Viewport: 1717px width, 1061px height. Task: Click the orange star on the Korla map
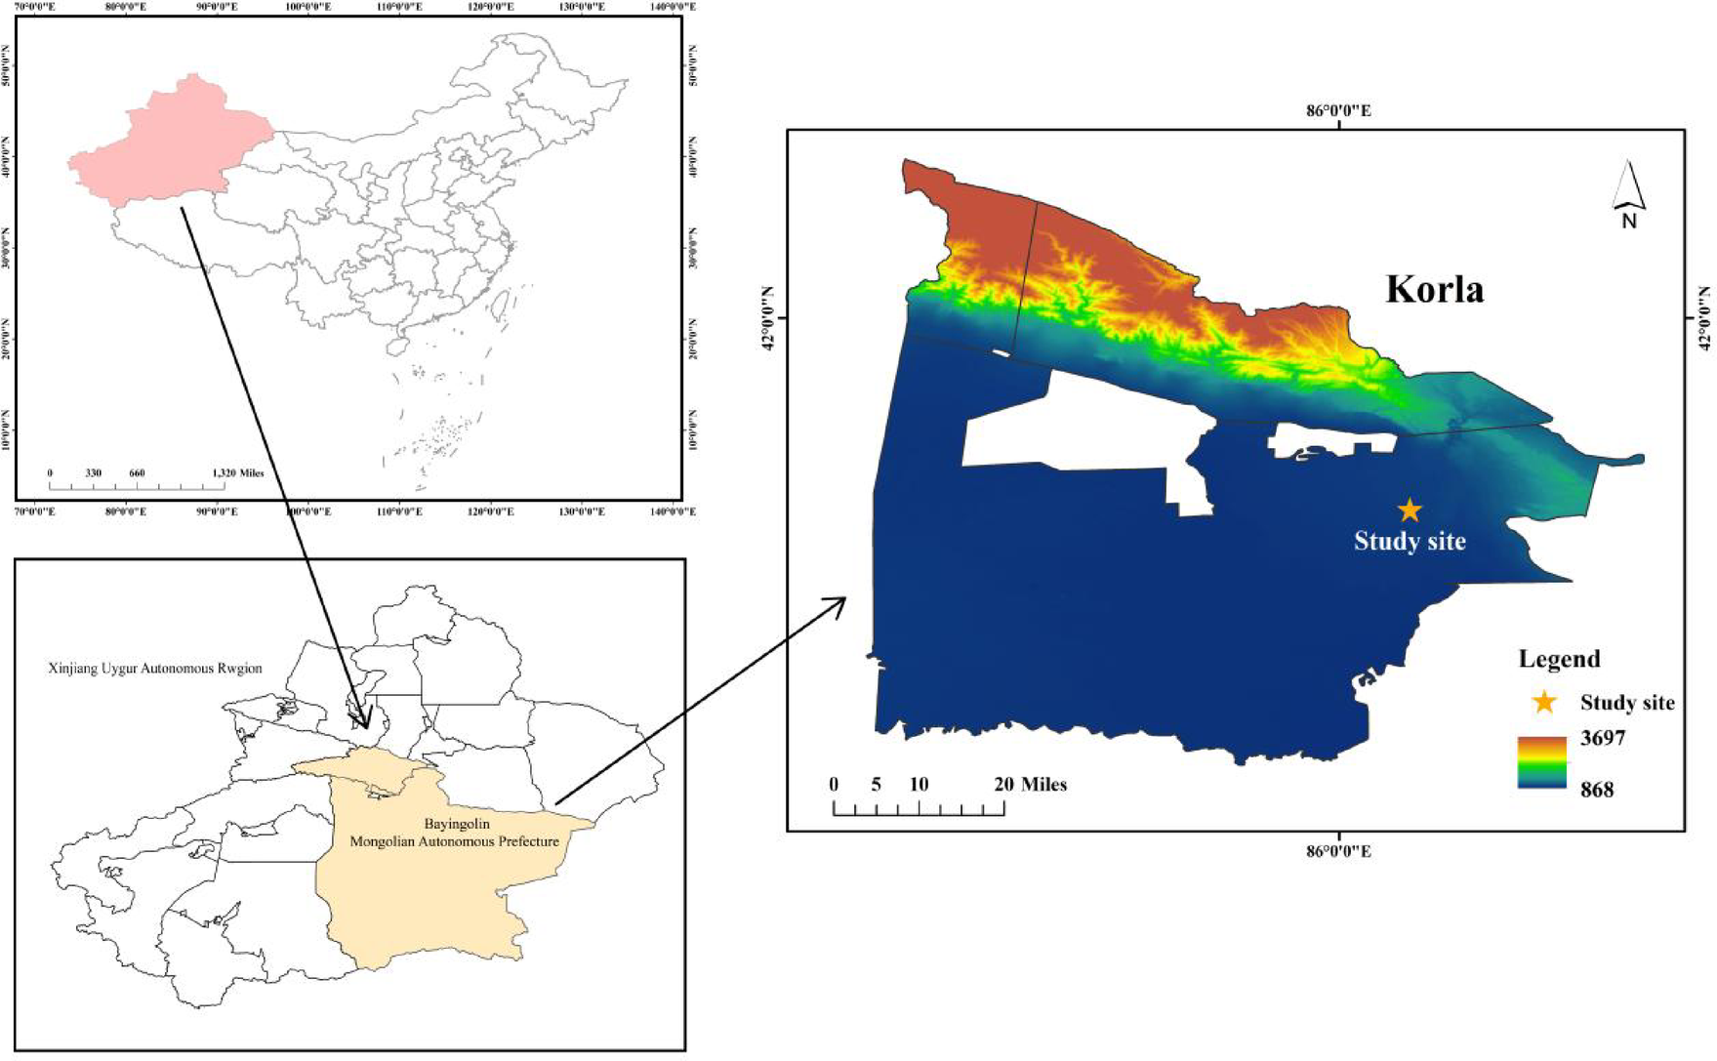1409,510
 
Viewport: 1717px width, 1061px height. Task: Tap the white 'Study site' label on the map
1410,541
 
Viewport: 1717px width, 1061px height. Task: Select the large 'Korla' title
1434,289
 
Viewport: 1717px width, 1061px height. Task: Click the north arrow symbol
1628,190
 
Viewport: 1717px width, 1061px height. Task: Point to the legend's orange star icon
1543,702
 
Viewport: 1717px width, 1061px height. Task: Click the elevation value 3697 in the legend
1603,738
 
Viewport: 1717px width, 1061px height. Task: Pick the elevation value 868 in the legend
1597,789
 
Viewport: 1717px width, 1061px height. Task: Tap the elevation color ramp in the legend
1542,762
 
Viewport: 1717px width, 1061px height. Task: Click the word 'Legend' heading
1559,659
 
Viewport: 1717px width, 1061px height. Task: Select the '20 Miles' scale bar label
1031,784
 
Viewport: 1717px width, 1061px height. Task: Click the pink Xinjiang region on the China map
171,142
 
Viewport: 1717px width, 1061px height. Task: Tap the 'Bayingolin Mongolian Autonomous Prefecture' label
455,833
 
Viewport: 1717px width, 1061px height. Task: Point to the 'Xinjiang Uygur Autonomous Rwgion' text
155,669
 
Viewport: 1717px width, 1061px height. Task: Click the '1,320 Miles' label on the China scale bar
237,472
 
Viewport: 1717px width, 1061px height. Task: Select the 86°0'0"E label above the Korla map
1338,110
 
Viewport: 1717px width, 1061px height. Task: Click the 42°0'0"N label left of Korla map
767,318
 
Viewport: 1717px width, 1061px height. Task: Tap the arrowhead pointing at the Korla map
838,603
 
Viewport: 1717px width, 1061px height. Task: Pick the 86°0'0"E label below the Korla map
1338,851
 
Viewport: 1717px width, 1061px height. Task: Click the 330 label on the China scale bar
93,472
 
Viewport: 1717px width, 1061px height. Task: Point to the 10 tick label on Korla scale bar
919,784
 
